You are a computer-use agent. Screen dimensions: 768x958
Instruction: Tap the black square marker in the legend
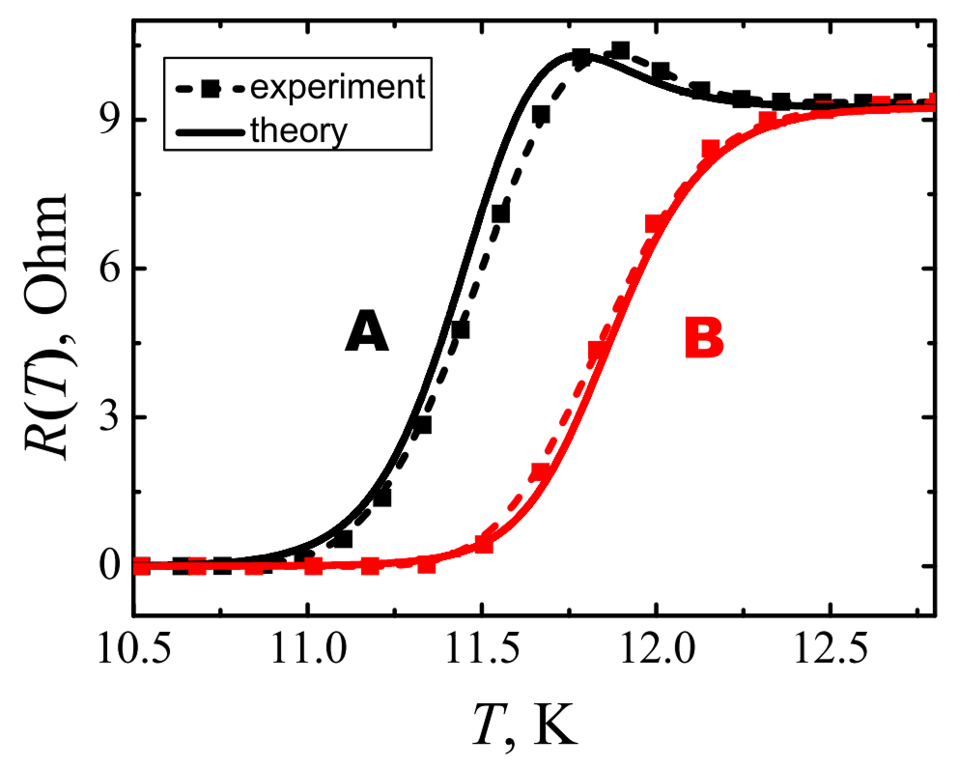coord(206,87)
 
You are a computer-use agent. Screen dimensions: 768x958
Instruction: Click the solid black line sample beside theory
coord(206,129)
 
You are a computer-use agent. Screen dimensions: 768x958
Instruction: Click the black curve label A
coord(367,335)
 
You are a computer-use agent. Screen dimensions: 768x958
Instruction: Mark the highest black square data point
coord(621,50)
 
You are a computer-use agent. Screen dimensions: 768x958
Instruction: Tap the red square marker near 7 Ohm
coord(656,224)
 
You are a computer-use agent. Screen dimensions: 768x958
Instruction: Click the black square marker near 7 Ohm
coord(500,213)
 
